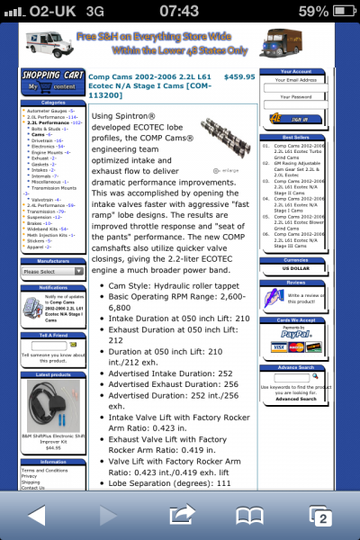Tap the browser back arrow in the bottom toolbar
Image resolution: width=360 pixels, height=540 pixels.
(x=37, y=515)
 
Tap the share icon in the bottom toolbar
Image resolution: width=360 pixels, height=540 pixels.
(x=181, y=515)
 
